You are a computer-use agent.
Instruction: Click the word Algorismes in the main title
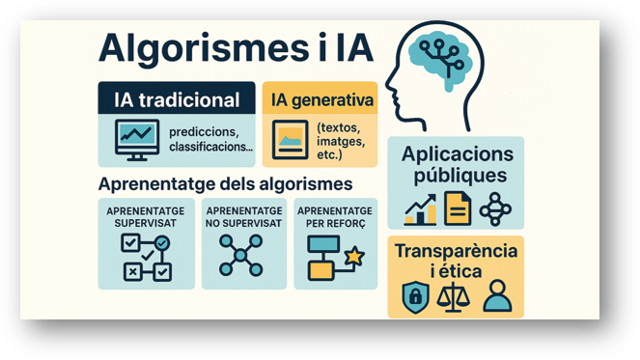click(x=204, y=49)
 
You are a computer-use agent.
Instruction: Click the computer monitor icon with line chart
click(x=137, y=140)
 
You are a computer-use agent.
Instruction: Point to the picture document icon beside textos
click(x=291, y=140)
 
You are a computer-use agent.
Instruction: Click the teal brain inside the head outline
click(x=441, y=58)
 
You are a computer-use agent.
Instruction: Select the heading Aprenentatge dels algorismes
click(x=225, y=184)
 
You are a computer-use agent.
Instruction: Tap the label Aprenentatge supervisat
click(x=146, y=217)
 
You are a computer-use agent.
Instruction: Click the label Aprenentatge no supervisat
click(x=243, y=217)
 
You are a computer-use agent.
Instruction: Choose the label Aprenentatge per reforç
click(x=335, y=217)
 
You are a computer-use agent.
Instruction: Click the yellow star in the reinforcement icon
click(x=354, y=257)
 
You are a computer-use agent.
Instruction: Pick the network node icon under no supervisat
click(x=240, y=256)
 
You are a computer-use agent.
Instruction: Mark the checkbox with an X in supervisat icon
click(x=132, y=272)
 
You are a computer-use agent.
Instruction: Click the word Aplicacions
click(x=458, y=154)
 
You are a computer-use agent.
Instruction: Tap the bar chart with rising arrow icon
click(x=421, y=209)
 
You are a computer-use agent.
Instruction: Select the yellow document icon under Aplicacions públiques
click(x=458, y=208)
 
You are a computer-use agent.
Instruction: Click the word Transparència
click(x=456, y=251)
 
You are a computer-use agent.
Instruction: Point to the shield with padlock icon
click(x=415, y=297)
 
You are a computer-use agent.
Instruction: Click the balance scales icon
click(x=453, y=296)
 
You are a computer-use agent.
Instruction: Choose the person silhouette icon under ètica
click(x=497, y=296)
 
